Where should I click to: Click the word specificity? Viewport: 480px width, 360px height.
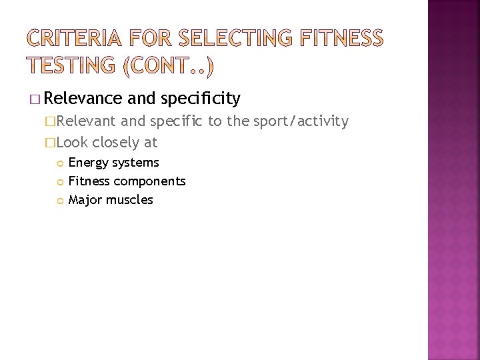201,99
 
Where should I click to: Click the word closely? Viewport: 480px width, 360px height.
115,142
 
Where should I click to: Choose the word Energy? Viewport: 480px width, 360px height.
87,163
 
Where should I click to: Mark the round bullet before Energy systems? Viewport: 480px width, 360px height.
60,163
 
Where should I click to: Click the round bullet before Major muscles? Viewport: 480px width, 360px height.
60,200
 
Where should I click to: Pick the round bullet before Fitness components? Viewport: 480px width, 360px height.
60,181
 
